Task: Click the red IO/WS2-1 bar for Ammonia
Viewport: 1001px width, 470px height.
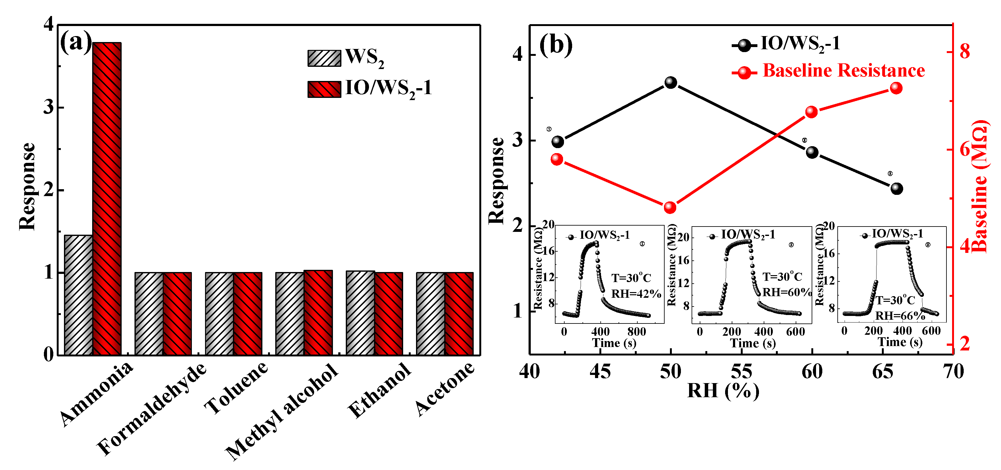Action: coord(107,198)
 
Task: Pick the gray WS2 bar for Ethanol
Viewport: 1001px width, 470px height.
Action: coord(360,312)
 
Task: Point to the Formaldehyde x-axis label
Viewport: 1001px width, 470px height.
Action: coord(151,408)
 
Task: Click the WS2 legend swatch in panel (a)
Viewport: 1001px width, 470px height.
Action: coord(324,58)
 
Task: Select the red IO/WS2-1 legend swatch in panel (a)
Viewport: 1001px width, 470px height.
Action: coord(324,89)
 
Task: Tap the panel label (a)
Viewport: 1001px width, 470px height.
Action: coord(76,42)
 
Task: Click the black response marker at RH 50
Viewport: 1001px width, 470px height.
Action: coord(671,83)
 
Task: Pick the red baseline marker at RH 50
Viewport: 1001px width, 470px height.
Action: coord(670,207)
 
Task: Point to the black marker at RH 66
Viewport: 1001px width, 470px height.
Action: coord(897,189)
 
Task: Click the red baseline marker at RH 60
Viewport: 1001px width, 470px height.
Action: coord(811,112)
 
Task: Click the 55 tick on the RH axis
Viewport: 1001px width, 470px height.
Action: coord(741,372)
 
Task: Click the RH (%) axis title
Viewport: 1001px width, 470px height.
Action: coord(723,391)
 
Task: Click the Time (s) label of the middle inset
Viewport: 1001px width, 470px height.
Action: coord(753,343)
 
